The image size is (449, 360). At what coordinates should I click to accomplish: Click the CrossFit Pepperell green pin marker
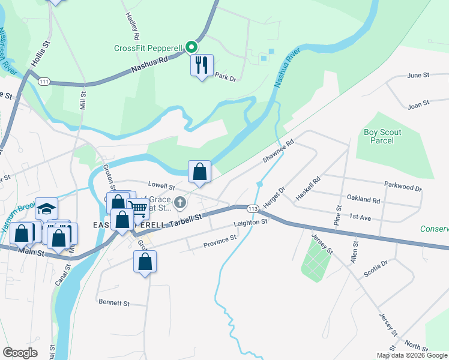(191, 46)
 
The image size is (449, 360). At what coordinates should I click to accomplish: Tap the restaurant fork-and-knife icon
(202, 64)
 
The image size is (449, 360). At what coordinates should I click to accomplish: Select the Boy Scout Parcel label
(382, 136)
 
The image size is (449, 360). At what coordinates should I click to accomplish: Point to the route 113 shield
(253, 208)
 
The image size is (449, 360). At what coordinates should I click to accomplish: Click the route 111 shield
(43, 81)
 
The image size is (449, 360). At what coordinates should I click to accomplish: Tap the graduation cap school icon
(46, 208)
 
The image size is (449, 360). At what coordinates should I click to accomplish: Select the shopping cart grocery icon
(139, 209)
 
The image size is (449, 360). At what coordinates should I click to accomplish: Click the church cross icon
(179, 205)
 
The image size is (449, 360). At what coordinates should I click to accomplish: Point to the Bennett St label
(114, 304)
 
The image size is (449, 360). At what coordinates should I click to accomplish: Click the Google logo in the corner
(20, 352)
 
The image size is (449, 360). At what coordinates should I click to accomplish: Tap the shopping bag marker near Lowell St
(199, 172)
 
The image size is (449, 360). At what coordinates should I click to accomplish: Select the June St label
(418, 76)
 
